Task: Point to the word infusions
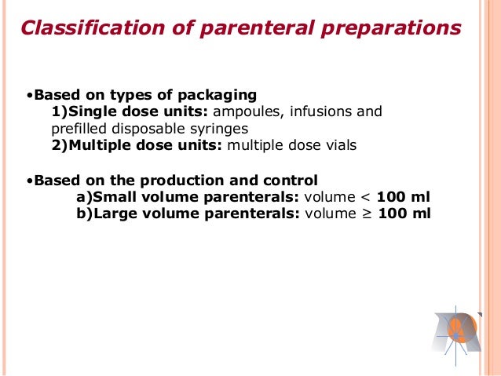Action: pyautogui.click(x=322, y=112)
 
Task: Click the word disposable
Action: pyautogui.click(x=148, y=129)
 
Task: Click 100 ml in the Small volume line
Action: pyautogui.click(x=404, y=197)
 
